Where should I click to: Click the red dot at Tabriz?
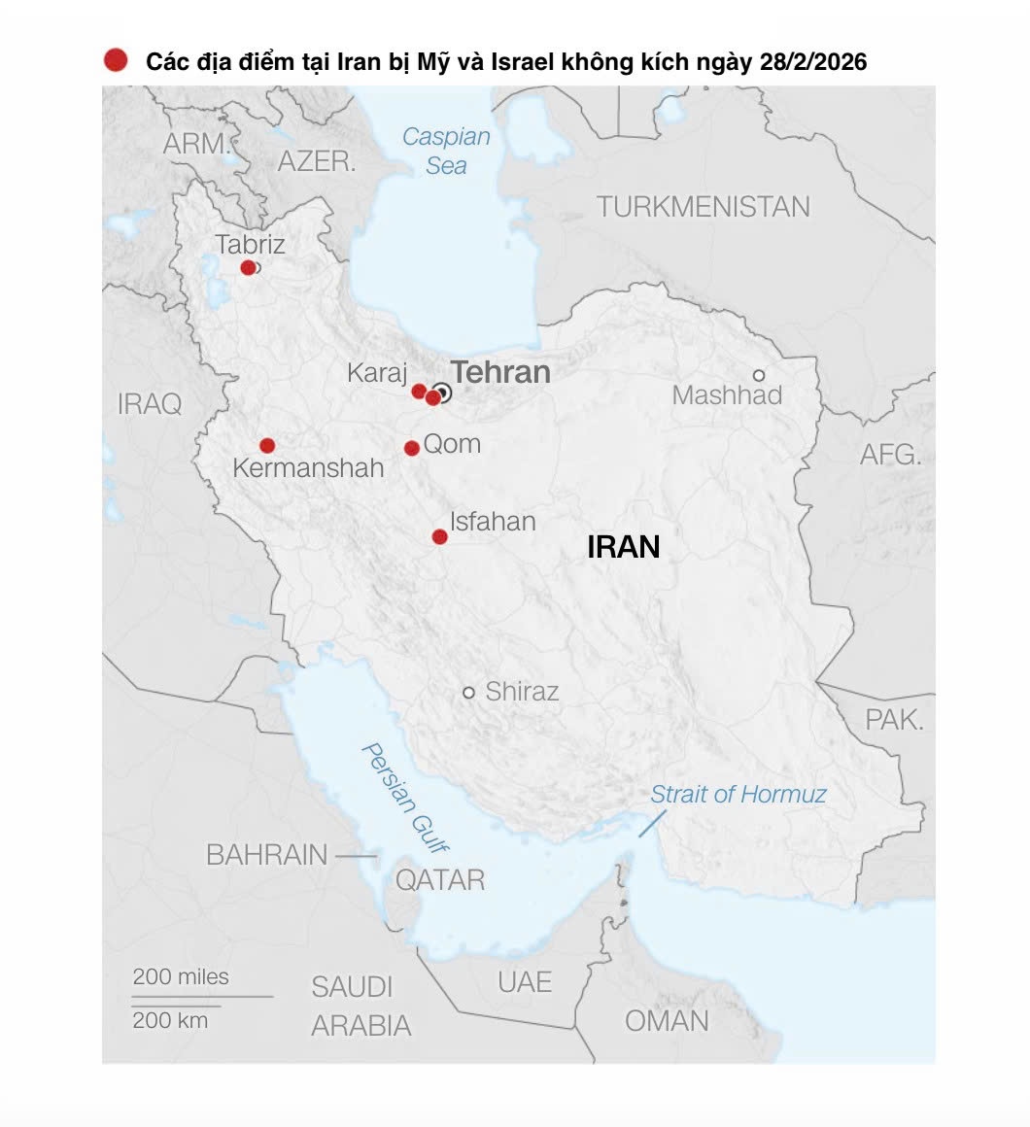pos(248,267)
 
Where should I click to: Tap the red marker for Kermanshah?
pos(267,446)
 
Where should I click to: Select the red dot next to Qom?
pos(412,448)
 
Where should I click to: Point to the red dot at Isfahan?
pos(439,536)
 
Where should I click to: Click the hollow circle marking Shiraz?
pos(468,693)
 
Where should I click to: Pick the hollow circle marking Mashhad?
pos(759,375)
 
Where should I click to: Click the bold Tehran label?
pos(501,372)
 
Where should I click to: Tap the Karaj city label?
pos(377,373)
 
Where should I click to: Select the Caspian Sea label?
pos(446,151)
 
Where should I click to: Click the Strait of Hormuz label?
pos(738,794)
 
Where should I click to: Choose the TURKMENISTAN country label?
pos(703,207)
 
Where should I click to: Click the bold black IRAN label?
pos(624,547)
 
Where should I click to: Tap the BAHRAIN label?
pos(267,855)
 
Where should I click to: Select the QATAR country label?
pos(439,880)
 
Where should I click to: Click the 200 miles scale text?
pos(181,976)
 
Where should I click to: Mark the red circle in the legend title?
pos(116,61)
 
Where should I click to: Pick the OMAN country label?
pos(667,1021)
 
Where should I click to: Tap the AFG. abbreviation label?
pos(890,454)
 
